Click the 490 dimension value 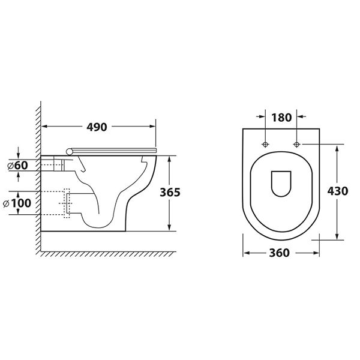point(97,127)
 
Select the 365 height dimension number point(170,192)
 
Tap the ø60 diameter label point(17,166)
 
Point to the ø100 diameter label point(17,203)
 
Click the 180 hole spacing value point(281,118)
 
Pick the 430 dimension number point(337,191)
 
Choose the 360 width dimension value point(279,253)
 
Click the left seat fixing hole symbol point(265,144)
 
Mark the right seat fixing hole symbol point(296,144)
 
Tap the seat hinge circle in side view point(69,151)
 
